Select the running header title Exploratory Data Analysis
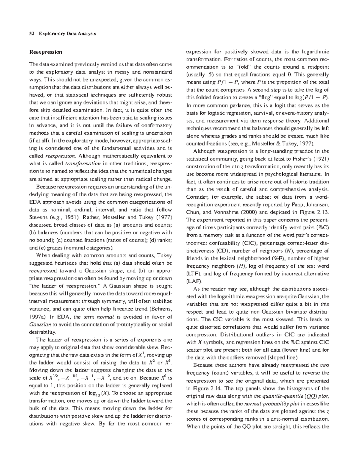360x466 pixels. pos(67,34)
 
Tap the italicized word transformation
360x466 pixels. pos(82,164)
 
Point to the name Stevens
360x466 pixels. pos(38,217)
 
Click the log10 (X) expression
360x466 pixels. pos(100,393)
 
